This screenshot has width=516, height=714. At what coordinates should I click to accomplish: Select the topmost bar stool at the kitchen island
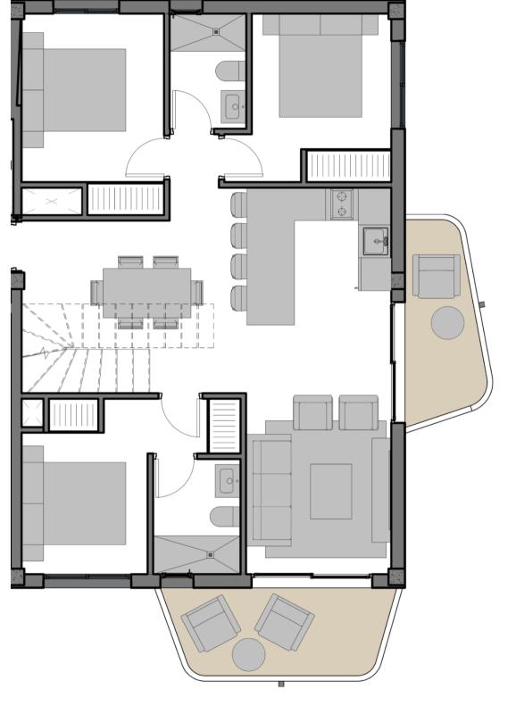(x=238, y=204)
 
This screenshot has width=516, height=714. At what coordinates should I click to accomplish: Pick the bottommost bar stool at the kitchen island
(x=238, y=297)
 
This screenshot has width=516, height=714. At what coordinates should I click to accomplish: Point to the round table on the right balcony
(x=447, y=322)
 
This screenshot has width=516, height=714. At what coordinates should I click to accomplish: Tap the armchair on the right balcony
(x=437, y=275)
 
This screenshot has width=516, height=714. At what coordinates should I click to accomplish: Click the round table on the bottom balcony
(x=249, y=654)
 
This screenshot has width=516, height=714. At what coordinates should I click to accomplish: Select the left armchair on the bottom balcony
(x=206, y=623)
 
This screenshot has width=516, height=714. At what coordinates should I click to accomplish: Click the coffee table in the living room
(x=330, y=491)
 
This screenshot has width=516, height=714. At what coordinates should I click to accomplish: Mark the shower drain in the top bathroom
(x=216, y=30)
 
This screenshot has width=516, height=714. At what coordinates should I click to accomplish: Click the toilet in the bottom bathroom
(x=224, y=517)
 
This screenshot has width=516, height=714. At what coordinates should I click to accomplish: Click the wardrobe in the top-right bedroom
(x=349, y=166)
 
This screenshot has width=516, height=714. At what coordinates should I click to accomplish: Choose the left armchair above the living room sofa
(x=313, y=413)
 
